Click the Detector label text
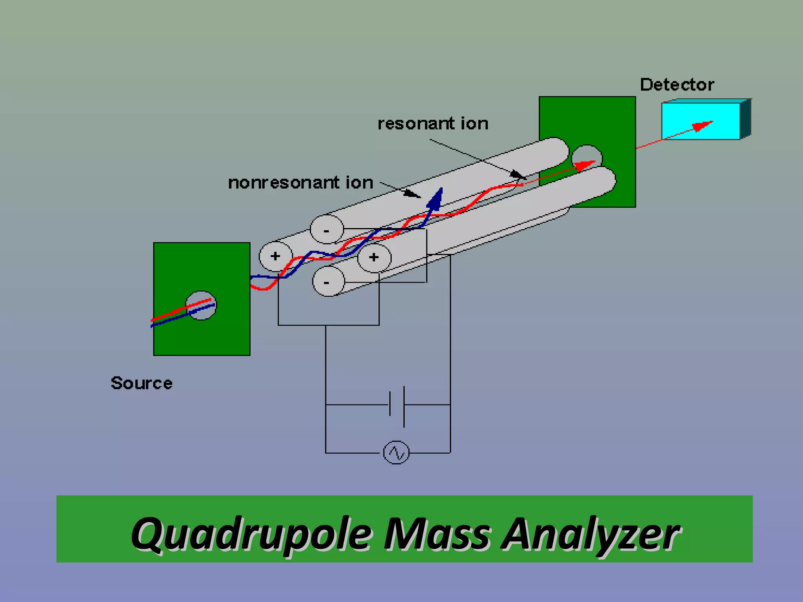pos(677,85)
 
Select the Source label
pos(142,383)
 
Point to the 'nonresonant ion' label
pos(300,183)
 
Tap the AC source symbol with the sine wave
pos(396,453)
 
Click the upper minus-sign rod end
pos(327,230)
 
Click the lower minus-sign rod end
pos(328,281)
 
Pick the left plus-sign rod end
pos(275,256)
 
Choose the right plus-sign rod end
pos(374,257)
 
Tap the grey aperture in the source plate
pos(201,305)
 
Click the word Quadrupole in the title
pos(251,534)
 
